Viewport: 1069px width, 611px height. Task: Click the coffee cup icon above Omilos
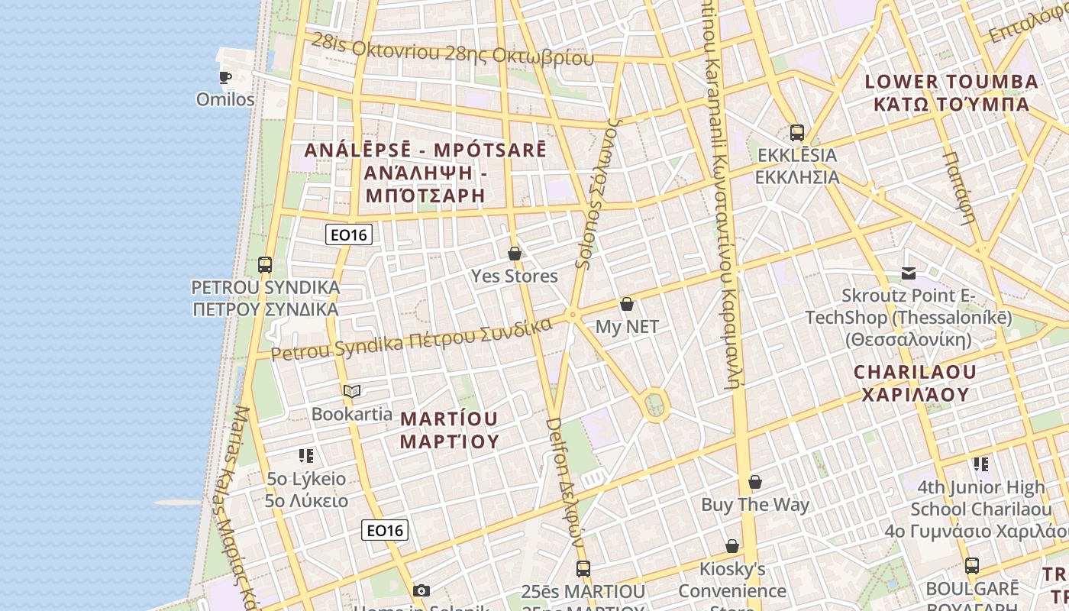pyautogui.click(x=225, y=76)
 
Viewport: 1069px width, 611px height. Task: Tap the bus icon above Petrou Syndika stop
pyautogui.click(x=265, y=265)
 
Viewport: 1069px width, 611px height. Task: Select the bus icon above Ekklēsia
pyautogui.click(x=797, y=133)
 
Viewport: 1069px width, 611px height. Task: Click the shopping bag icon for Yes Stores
pyautogui.click(x=515, y=254)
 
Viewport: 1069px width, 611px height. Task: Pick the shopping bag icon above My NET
pyautogui.click(x=627, y=304)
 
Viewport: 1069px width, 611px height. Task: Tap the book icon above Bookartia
pyautogui.click(x=351, y=392)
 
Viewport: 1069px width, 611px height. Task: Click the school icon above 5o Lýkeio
pyautogui.click(x=306, y=457)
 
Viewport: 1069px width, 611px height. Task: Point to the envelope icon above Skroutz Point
pyautogui.click(x=909, y=273)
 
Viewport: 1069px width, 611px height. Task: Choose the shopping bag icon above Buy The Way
pyautogui.click(x=755, y=482)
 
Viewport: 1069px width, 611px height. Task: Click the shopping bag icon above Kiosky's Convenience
pyautogui.click(x=732, y=546)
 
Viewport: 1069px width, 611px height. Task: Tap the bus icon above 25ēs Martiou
pyautogui.click(x=583, y=569)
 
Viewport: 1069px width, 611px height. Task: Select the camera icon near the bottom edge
pyautogui.click(x=421, y=590)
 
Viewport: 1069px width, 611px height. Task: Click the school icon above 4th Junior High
pyautogui.click(x=981, y=464)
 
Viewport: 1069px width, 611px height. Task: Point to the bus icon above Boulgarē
pyautogui.click(x=972, y=566)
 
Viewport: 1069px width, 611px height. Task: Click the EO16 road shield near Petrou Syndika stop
pyautogui.click(x=349, y=234)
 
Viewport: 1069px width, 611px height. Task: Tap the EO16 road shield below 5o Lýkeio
pyautogui.click(x=385, y=530)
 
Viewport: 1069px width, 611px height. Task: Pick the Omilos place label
pyautogui.click(x=225, y=99)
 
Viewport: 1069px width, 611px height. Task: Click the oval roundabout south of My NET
pyautogui.click(x=654, y=404)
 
